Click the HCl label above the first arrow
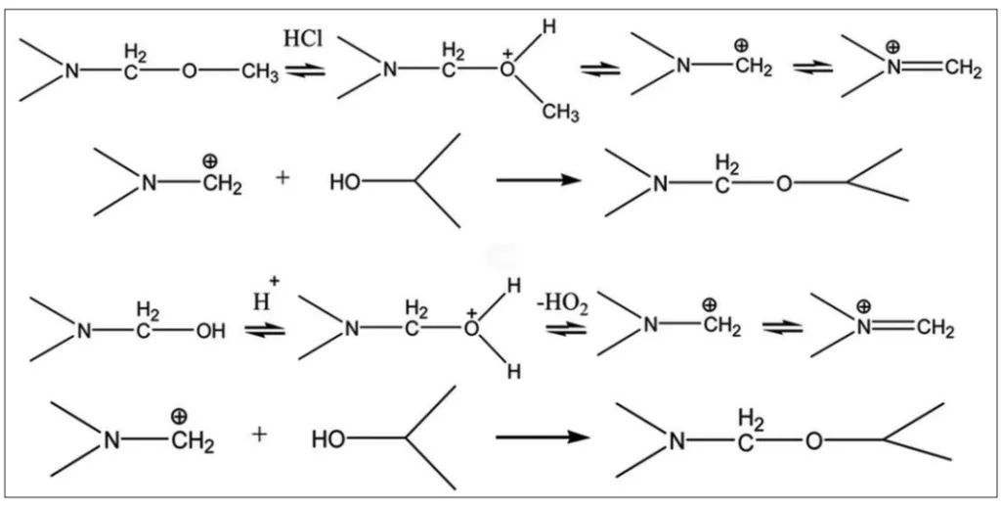303,39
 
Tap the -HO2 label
563,300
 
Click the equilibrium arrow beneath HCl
305,70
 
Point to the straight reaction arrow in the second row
539,180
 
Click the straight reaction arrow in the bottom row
543,437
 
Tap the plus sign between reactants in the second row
283,177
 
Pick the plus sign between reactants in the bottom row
258,434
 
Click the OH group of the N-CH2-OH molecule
211,332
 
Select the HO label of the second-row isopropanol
345,183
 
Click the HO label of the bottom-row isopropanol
326,439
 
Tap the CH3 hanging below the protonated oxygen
560,114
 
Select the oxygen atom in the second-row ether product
785,185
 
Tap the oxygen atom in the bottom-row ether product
813,441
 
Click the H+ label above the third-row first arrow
266,296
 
